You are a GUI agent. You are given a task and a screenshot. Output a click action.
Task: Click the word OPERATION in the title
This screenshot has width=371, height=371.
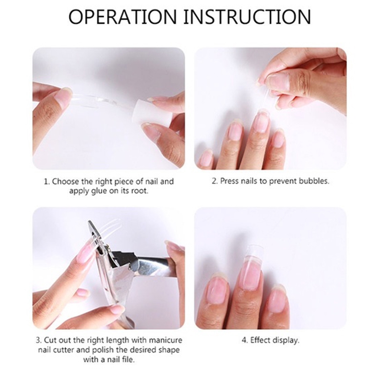pyautogui.click(x=123, y=17)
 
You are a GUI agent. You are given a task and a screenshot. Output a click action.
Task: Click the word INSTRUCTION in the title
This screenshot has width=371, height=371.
pyautogui.click(x=247, y=17)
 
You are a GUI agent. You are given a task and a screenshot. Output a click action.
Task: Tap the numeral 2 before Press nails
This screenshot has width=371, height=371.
pyautogui.click(x=214, y=181)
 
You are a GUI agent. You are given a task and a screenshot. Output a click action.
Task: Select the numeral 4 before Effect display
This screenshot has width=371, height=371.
pyautogui.click(x=244, y=340)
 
